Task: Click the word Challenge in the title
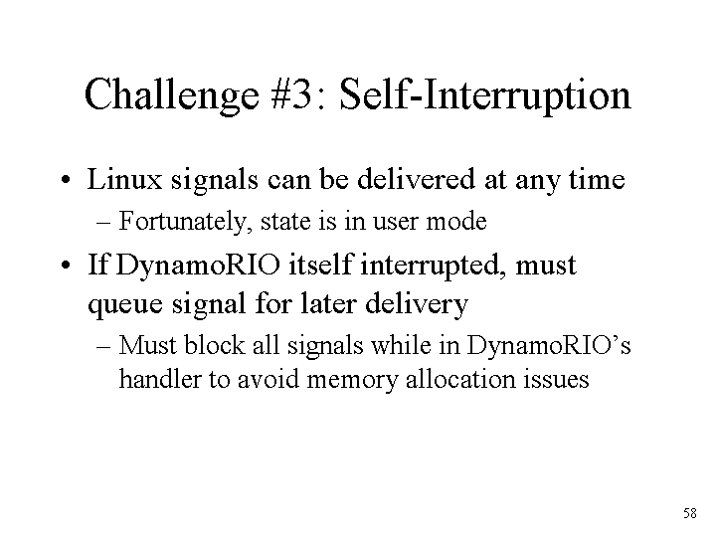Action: pos(172,95)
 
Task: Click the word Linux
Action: pos(124,179)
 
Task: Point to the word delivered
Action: pos(416,179)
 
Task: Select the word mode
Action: pos(456,221)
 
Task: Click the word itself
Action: pos(320,265)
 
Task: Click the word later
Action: pos(328,303)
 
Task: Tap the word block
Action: pos(214,345)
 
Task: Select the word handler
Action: pos(160,379)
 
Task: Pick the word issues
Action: pos(556,379)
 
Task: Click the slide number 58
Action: pos(690,513)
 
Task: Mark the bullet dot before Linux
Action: pos(66,179)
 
